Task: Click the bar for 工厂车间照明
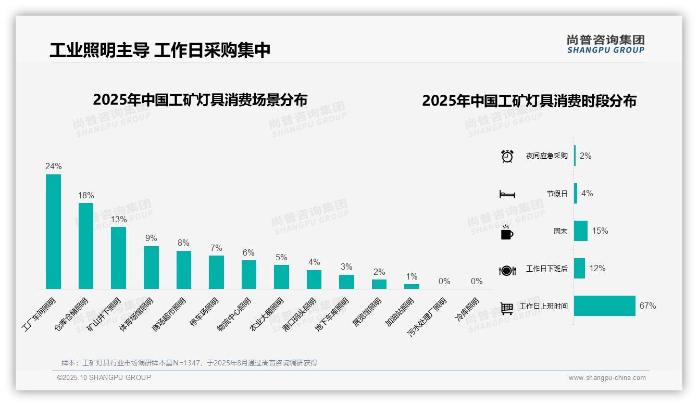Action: (53, 232)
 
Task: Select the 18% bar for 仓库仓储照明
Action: (86, 246)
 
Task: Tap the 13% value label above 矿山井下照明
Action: (119, 219)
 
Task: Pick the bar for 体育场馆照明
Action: (151, 268)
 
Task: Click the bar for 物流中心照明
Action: (249, 274)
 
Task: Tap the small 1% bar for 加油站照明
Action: (412, 286)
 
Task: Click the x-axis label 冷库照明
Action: (468, 310)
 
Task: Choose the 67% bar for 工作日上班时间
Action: (605, 306)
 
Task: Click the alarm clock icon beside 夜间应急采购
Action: (507, 156)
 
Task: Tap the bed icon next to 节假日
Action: (507, 194)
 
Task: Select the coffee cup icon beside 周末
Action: (507, 232)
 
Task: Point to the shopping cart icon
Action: (507, 308)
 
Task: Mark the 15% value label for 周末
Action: (600, 231)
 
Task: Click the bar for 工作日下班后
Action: (580, 269)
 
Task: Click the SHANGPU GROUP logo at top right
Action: (606, 44)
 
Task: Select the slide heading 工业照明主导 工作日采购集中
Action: (160, 50)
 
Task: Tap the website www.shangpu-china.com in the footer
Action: (607, 378)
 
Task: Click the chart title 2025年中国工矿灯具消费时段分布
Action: (529, 100)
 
